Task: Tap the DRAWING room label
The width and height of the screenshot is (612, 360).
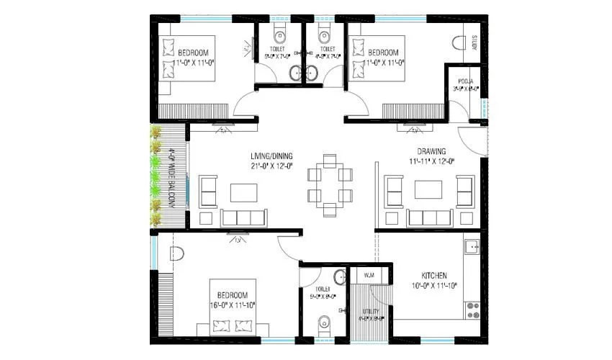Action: pos(432,151)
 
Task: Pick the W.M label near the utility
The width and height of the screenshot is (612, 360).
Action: pos(369,276)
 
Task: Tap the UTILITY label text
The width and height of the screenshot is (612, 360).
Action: pos(371,311)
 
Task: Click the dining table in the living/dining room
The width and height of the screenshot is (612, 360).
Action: pos(330,184)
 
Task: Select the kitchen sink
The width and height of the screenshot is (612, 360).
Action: pos(473,247)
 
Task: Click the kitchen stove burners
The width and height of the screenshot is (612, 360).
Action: pos(473,310)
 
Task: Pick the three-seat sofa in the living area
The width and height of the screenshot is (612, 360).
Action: pos(243,217)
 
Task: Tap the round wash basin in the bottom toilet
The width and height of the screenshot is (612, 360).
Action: pos(339,278)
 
